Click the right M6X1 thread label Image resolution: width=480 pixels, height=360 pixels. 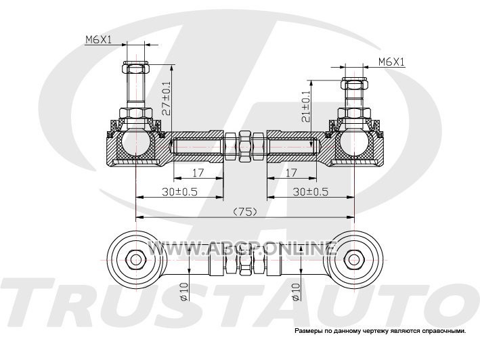click(x=391, y=62)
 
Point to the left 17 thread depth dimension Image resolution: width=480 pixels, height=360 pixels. click(x=198, y=173)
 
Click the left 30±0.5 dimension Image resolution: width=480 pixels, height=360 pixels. click(x=179, y=192)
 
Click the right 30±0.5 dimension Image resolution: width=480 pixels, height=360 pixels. click(x=311, y=192)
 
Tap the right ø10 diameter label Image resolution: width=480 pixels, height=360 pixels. click(x=295, y=292)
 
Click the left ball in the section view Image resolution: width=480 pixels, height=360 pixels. click(x=135, y=143)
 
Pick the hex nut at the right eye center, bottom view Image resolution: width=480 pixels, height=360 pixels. click(x=355, y=259)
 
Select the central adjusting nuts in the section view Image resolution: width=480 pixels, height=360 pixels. click(x=245, y=146)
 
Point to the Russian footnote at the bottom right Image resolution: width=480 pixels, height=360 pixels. click(x=380, y=332)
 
